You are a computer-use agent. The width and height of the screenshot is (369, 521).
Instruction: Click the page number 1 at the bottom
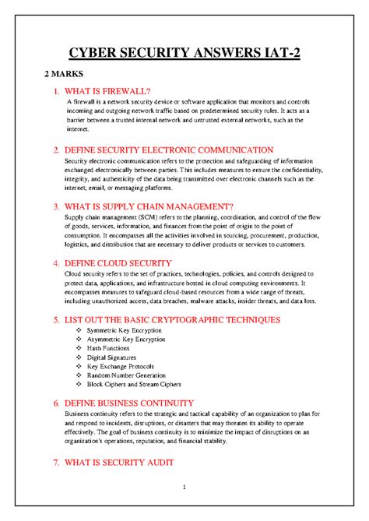point(184,488)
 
